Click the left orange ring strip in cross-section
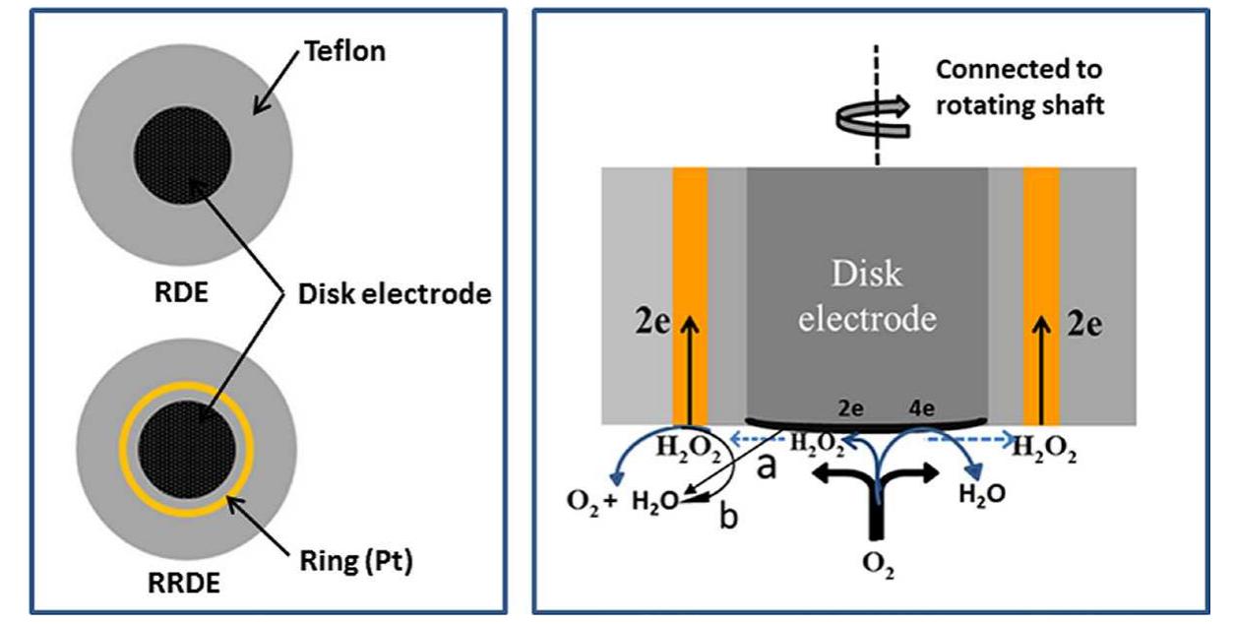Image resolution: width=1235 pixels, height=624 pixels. pos(690,295)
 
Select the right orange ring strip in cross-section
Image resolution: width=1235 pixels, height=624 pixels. pos(1041,295)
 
